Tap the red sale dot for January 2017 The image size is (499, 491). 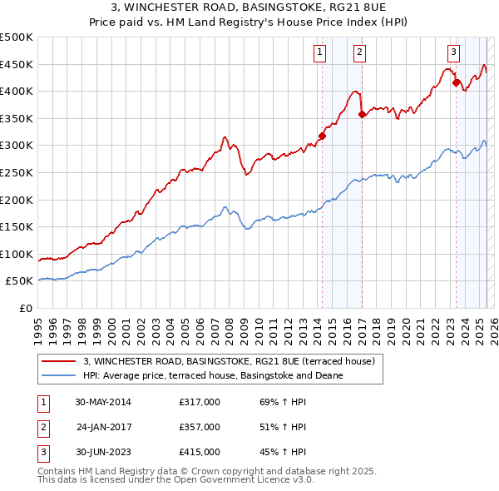tap(361, 115)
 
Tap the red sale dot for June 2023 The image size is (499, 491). tap(456, 82)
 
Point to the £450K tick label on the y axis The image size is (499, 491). tap(17, 64)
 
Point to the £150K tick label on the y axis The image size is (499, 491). tap(17, 226)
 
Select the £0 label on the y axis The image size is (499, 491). tap(24, 308)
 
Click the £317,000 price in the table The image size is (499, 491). tap(200, 402)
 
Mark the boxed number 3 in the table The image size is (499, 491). tap(43, 452)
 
